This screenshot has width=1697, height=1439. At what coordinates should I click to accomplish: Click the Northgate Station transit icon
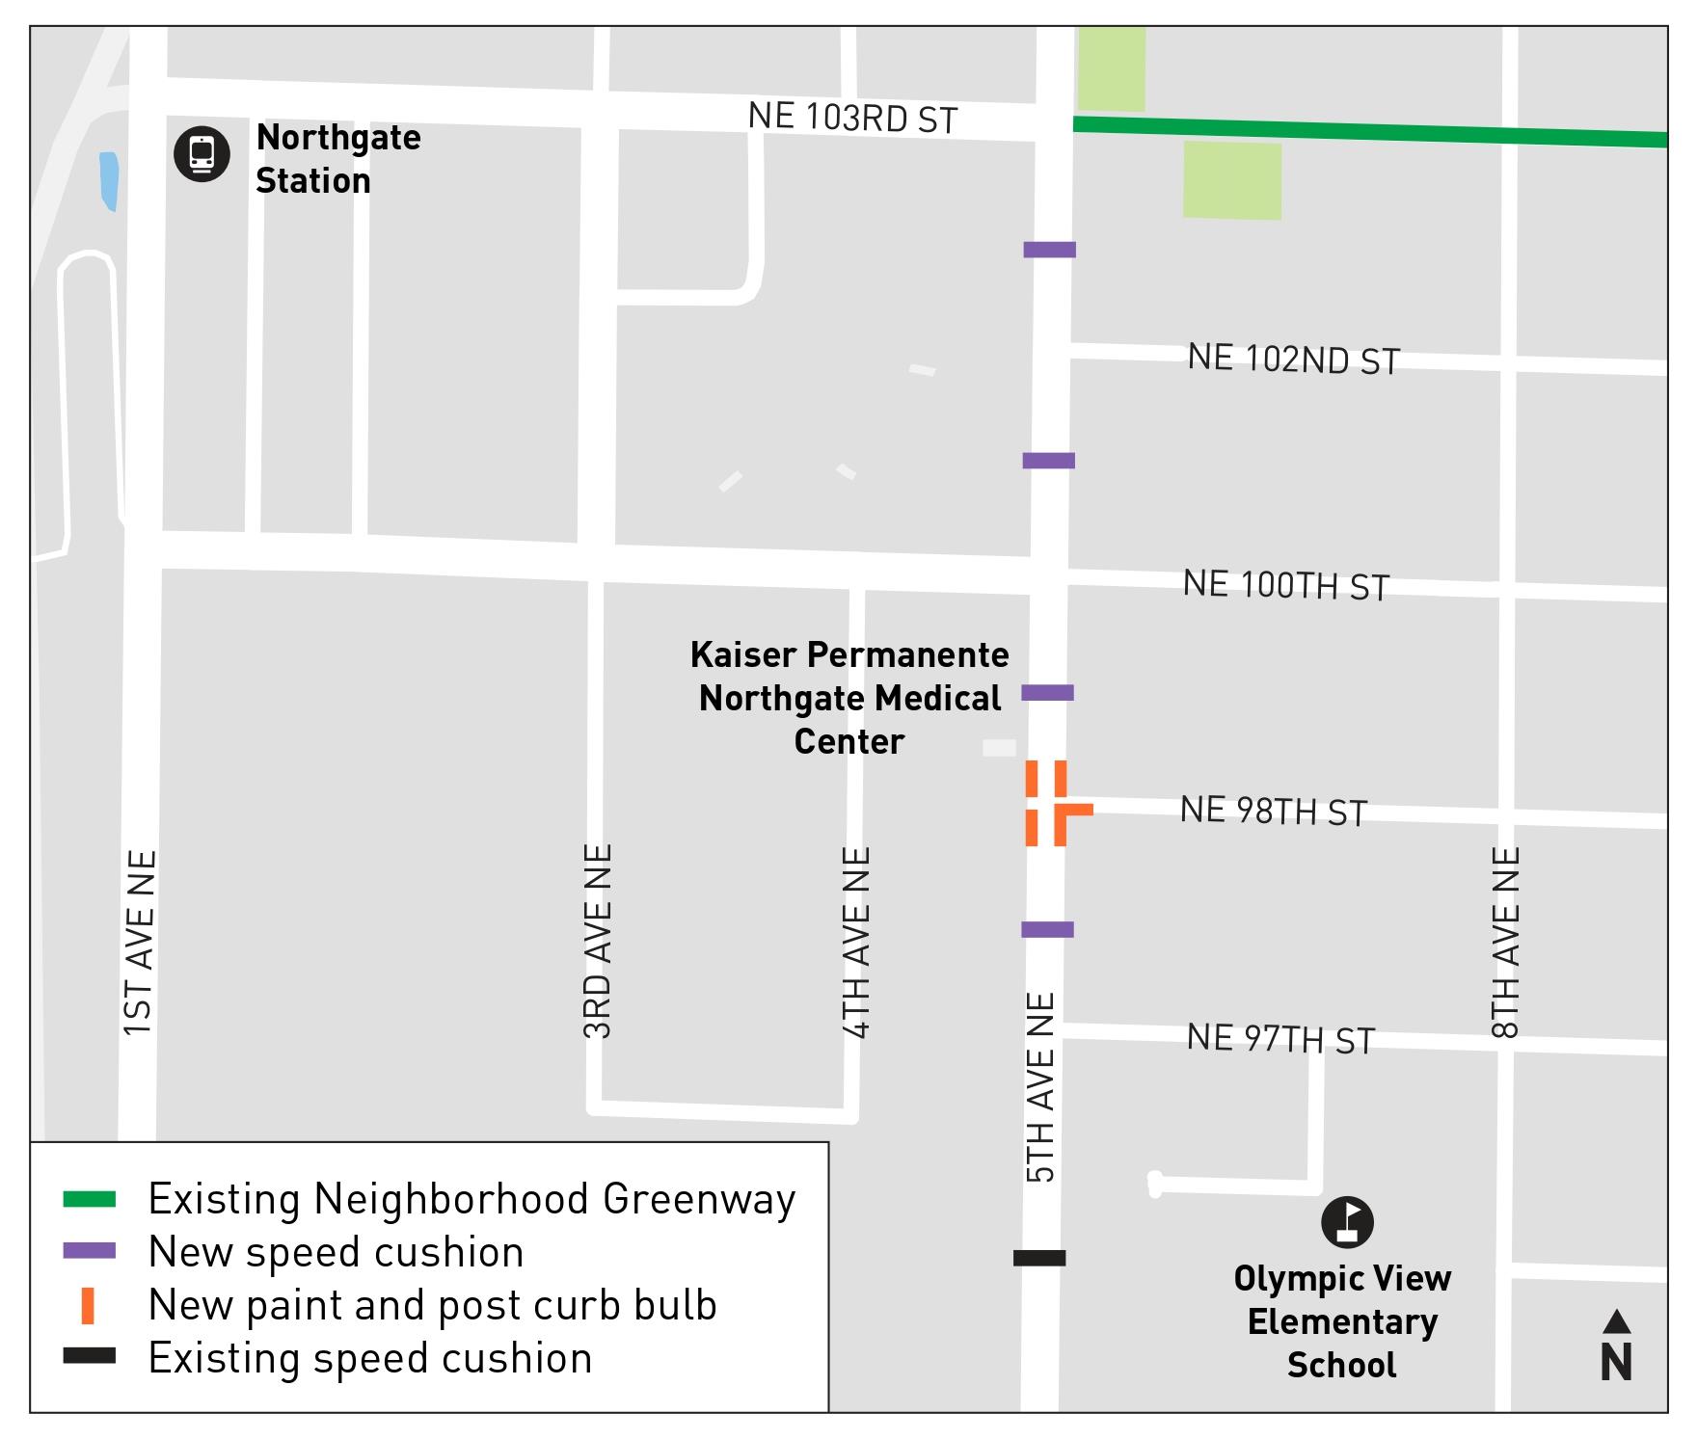(202, 154)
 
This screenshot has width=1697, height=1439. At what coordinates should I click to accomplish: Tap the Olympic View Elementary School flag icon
(1347, 1222)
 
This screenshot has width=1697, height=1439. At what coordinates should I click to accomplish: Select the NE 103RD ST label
(852, 118)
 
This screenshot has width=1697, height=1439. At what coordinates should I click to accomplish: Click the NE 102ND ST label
(1293, 359)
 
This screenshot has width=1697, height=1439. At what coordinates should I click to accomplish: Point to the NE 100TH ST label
(1285, 585)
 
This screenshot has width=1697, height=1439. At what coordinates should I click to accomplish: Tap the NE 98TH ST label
(1273, 812)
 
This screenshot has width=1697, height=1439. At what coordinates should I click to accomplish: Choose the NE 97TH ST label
(1279, 1039)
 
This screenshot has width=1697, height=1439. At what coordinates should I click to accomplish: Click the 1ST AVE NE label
(139, 943)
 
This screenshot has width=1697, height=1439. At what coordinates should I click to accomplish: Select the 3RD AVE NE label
(598, 941)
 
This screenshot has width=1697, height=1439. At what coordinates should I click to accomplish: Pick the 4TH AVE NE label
(856, 943)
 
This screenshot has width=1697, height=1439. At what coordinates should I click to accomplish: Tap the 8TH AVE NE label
(1505, 942)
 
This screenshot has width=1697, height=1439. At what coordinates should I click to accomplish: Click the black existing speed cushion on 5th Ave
(1039, 1258)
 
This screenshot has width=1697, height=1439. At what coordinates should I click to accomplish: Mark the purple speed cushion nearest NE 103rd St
(1049, 250)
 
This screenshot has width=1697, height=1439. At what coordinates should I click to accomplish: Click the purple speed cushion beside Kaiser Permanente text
(1047, 692)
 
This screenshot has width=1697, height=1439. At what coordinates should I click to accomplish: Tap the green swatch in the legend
(89, 1200)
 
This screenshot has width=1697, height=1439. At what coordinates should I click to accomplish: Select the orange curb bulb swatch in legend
(88, 1305)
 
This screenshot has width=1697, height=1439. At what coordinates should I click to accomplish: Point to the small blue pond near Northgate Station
(109, 180)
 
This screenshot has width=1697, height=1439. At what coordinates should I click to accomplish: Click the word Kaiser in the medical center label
(743, 655)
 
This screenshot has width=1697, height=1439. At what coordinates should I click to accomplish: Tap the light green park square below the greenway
(1231, 180)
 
